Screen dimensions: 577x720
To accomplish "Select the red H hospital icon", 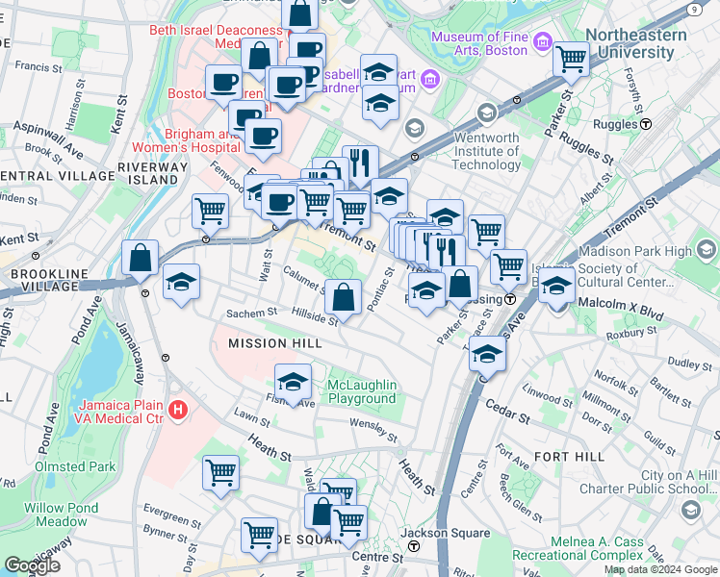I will pos(177,411).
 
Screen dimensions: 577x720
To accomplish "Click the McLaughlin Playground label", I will pos(362,391).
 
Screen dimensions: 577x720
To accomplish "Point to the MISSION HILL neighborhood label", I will pos(271,342).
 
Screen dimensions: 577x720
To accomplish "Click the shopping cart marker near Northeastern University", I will pos(572,59).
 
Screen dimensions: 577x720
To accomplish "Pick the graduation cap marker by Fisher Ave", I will pos(294,382).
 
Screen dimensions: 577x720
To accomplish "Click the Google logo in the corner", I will pos(33,565).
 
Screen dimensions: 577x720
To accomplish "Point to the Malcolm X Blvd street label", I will pos(623,314).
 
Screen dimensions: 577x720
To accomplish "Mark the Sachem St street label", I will pos(251,314).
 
